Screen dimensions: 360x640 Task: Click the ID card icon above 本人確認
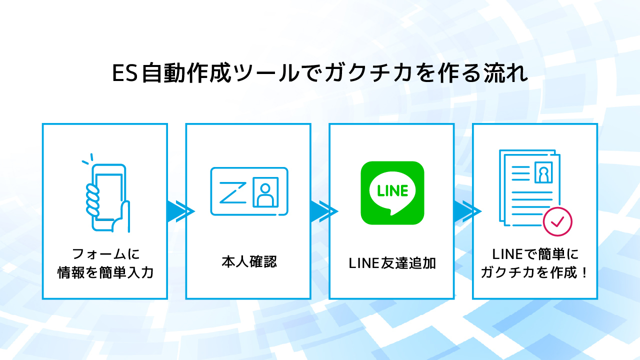tap(248, 191)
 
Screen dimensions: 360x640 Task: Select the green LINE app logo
tap(392, 192)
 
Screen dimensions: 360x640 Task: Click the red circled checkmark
tap(557, 220)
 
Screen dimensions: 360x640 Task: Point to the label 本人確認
tap(248, 262)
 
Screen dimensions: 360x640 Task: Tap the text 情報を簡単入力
tap(105, 273)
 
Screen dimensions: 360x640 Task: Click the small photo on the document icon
tap(542, 171)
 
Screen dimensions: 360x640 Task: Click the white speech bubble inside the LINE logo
tap(392, 191)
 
